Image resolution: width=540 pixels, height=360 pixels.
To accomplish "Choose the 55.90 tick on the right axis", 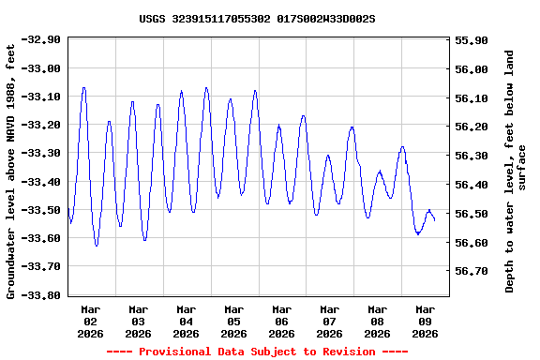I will (471, 40).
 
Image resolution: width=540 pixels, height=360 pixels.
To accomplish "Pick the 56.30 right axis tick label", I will (471, 156).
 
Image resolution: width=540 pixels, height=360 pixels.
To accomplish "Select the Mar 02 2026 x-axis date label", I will (91, 321).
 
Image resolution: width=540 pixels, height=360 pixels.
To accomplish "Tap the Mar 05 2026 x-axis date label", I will (234, 321).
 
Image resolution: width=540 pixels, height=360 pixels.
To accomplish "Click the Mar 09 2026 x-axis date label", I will (426, 321).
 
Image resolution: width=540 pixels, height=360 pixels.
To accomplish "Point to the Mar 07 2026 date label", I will (330, 321).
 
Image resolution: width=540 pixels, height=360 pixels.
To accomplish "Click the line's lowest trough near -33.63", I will (97, 246).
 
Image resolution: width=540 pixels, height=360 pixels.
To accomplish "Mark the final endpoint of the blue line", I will (435, 219).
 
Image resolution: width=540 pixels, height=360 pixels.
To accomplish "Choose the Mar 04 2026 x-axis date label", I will (187, 321).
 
